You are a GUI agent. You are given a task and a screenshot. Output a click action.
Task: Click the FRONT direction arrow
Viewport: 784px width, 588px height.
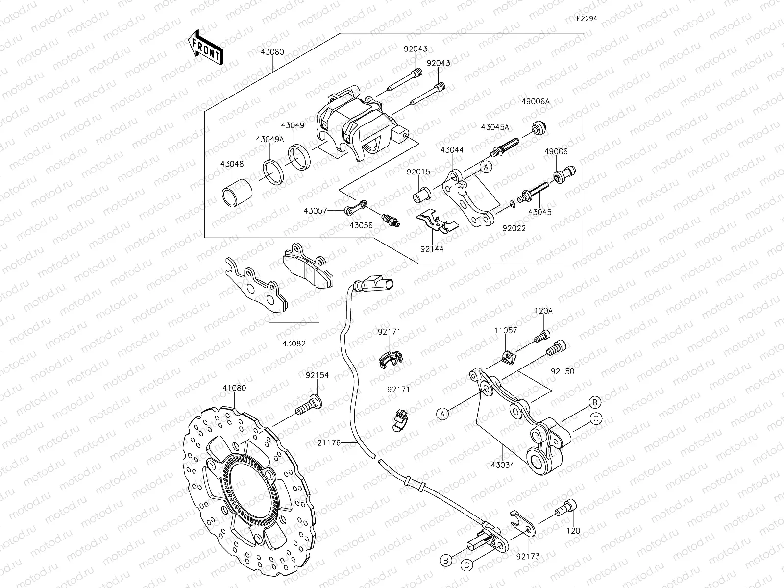coord(206,48)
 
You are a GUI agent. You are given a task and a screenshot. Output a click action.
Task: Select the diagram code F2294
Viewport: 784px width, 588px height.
coord(587,19)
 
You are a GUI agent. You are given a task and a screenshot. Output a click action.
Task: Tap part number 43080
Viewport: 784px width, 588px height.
coord(272,51)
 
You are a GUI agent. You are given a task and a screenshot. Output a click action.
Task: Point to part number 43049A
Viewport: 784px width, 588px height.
coord(269,139)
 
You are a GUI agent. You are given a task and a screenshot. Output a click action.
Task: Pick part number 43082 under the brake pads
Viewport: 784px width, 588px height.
coord(294,343)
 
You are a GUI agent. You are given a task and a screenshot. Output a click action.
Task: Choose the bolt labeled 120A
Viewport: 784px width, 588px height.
coord(543,337)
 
